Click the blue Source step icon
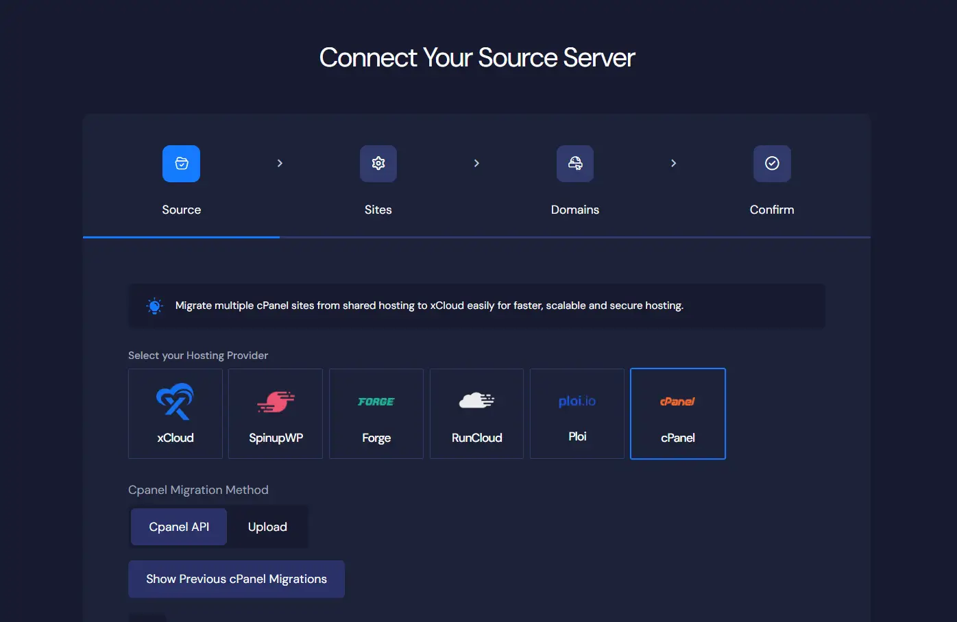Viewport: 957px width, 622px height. [181, 164]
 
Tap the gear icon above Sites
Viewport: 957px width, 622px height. [378, 164]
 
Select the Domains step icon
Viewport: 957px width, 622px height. [575, 164]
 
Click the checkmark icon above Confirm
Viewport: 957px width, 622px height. [772, 164]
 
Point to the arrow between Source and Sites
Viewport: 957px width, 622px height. [280, 163]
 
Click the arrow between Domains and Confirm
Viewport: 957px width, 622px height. [674, 163]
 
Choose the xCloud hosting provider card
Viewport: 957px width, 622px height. [175, 414]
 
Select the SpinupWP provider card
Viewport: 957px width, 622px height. [276, 414]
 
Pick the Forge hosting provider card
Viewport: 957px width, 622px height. [376, 414]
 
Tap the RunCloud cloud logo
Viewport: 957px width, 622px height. [476, 401]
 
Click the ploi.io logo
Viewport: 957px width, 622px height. [577, 401]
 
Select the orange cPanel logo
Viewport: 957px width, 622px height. [677, 401]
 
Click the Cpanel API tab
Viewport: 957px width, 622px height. [179, 527]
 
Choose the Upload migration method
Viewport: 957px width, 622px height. [267, 527]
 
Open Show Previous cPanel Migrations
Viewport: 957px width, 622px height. [237, 579]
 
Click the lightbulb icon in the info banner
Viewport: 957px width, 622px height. [154, 306]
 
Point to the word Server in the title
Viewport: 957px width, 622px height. [599, 58]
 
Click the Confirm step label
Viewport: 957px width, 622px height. [772, 210]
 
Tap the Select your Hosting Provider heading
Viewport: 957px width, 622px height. [198, 356]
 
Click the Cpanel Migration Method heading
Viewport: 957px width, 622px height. [198, 490]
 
